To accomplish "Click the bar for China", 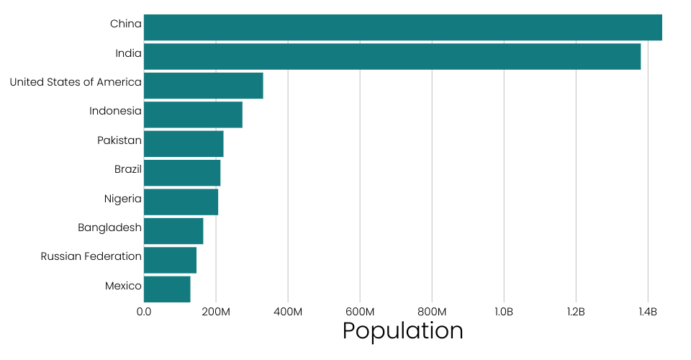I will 402,27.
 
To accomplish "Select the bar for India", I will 392,56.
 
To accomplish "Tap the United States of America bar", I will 203,86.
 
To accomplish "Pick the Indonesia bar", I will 193,114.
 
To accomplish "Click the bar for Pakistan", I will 184,143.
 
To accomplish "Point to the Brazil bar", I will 182,173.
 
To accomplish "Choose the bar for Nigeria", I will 181,202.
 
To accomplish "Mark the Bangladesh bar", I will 173,230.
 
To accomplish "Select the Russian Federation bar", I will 170,260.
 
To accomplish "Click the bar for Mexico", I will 167,289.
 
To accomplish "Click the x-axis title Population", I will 402,330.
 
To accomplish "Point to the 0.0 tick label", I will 144,312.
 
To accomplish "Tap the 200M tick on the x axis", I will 216,312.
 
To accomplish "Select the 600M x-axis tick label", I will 360,312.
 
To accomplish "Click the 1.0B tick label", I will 504,312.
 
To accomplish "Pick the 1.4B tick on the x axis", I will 648,312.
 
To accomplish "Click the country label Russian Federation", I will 91,256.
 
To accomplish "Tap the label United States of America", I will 76,82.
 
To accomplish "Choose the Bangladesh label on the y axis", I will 109,228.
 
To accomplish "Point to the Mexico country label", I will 123,286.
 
